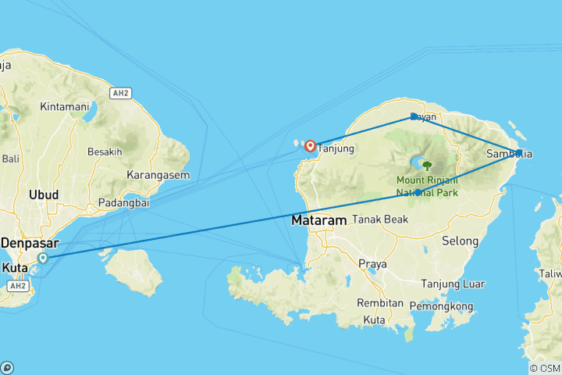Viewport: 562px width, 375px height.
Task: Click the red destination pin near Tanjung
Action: (311, 145)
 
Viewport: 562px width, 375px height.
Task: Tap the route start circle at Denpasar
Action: (43, 258)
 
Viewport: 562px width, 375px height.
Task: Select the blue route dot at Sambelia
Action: (519, 152)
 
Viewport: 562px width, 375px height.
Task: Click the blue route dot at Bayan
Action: (414, 117)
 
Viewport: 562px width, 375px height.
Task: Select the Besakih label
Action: (105, 152)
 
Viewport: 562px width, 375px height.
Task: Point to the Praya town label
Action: (372, 264)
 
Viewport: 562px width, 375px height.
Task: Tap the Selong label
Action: (460, 242)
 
